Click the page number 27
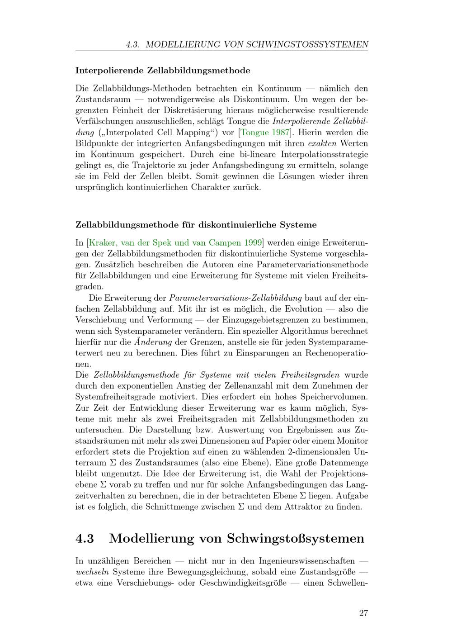pos(363,613)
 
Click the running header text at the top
pos(247,44)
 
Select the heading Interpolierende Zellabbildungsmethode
pos(163,71)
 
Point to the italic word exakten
pos(323,143)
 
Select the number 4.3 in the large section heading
pos(85,538)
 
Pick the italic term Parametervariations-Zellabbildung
pos(235,298)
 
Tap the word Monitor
pos(351,441)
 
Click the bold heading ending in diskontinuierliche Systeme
pos(196,225)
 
